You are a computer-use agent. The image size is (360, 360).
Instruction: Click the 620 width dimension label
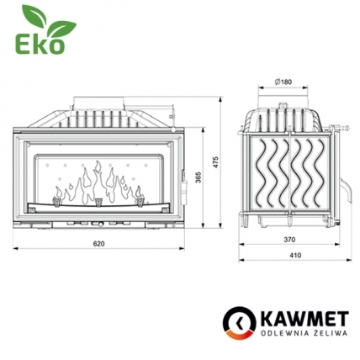pyautogui.click(x=99, y=243)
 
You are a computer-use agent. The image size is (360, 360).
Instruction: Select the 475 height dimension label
pyautogui.click(x=216, y=161)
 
